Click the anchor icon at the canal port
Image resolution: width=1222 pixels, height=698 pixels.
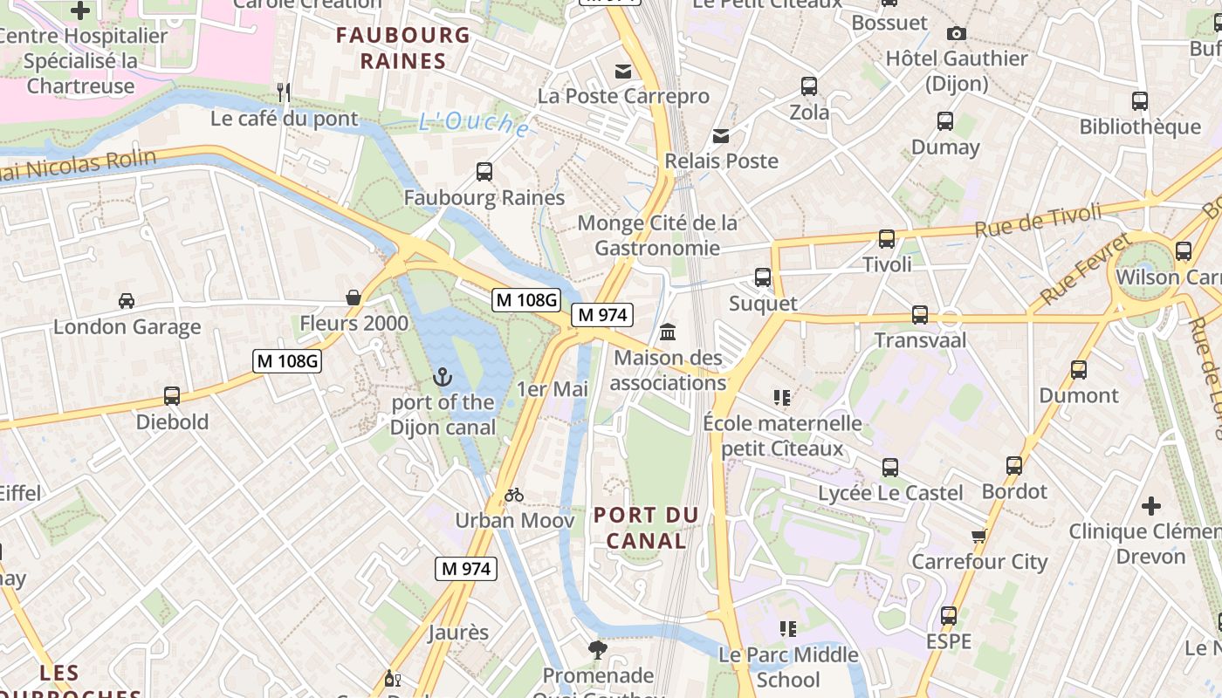pos(443,377)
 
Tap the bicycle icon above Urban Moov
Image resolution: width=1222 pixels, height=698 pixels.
pos(514,496)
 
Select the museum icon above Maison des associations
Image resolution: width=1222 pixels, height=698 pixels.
pos(669,332)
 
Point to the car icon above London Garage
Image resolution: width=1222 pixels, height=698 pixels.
pos(127,301)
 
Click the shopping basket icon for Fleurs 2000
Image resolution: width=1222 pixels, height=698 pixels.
pos(354,298)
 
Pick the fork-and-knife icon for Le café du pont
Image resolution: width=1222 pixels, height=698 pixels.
pos(283,92)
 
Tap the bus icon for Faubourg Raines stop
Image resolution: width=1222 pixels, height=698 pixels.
pos(484,172)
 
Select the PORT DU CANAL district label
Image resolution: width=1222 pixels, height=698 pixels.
pos(646,528)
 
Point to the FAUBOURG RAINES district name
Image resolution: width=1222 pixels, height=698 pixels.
pos(403,48)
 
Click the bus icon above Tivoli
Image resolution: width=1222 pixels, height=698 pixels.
pos(887,238)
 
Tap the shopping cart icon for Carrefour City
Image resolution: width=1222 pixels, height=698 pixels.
pos(978,536)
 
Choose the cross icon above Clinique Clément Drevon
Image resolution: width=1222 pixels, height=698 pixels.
pos(1151,505)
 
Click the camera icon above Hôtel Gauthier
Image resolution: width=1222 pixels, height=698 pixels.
pos(957,33)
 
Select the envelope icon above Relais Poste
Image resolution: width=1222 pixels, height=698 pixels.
pos(721,135)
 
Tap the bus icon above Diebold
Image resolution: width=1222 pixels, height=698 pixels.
pos(172,396)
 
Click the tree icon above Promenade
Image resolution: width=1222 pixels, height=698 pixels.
pos(597,649)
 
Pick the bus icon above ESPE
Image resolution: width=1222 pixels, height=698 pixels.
pos(949,616)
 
